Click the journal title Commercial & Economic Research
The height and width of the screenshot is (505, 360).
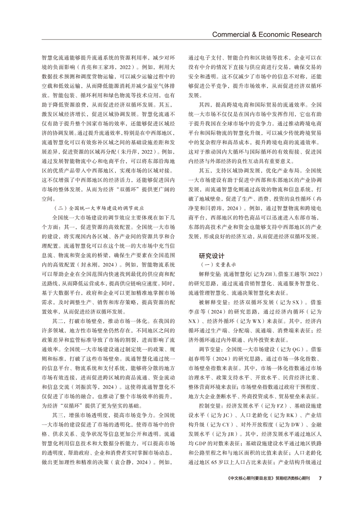point(266,34)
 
